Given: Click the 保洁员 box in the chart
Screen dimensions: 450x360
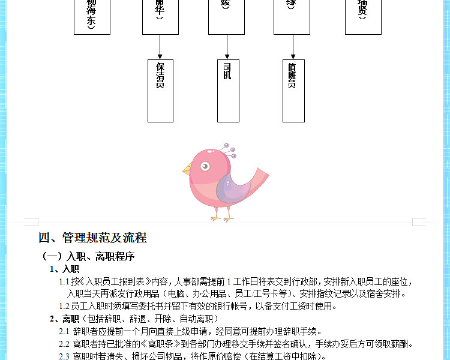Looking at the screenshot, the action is [160, 90].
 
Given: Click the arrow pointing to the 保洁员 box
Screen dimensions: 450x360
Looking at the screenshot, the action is [160, 47].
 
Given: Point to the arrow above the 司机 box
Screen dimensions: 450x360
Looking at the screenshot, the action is [226, 47].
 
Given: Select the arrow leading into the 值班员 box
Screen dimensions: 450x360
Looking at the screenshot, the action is [292, 47].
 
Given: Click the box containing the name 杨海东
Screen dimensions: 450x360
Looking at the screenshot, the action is [92, 17].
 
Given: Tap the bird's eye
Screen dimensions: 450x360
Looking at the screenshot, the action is [205, 166].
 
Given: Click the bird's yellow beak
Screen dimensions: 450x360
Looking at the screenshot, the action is [187, 170].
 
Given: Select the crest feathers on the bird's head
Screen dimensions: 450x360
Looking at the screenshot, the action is [229, 150].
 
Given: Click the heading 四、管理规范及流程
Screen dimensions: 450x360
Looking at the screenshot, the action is [92, 238].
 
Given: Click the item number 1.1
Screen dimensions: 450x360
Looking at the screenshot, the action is [64, 281].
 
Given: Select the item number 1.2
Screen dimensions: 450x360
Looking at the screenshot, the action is [64, 306].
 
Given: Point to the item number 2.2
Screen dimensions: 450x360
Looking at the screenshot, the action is [64, 344].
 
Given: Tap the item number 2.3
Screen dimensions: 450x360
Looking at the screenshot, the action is [64, 356].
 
